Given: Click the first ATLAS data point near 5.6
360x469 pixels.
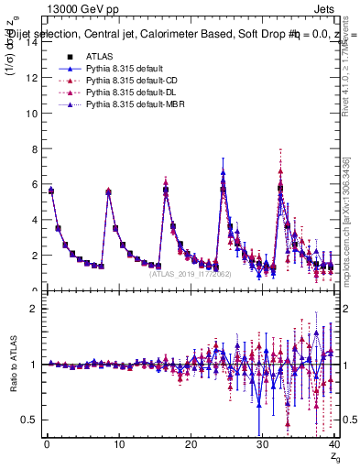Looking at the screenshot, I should pos(51,191).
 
